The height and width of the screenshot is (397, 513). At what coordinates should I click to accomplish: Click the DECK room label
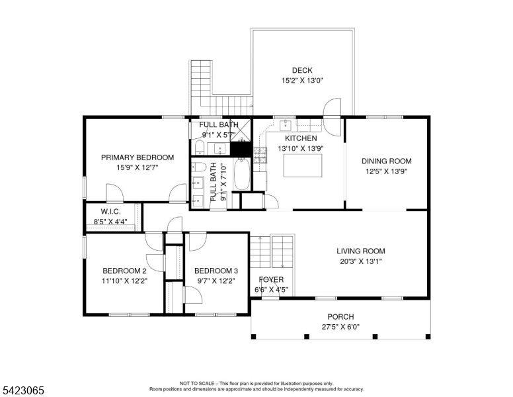pyautogui.click(x=302, y=70)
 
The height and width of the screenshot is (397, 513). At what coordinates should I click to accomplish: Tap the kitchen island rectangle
pyautogui.click(x=303, y=165)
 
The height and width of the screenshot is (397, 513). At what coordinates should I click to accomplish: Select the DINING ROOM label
pyautogui.click(x=386, y=161)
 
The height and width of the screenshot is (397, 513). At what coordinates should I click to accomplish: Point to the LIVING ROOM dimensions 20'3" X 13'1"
pyautogui.click(x=361, y=261)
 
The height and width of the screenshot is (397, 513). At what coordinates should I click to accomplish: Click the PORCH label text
pyautogui.click(x=340, y=317)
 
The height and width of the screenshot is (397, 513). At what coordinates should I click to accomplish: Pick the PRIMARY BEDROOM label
pyautogui.click(x=138, y=157)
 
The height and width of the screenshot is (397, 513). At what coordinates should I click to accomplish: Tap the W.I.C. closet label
pyautogui.click(x=110, y=211)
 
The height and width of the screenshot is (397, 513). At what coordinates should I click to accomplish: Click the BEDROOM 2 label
pyautogui.click(x=124, y=271)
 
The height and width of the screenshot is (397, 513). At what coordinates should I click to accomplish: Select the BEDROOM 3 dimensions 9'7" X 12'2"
pyautogui.click(x=216, y=281)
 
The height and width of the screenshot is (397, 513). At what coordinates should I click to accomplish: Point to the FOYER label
pyautogui.click(x=271, y=279)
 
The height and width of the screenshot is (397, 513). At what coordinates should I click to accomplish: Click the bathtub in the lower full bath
pyautogui.click(x=242, y=174)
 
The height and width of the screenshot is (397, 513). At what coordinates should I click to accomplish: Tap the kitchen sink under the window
pyautogui.click(x=286, y=125)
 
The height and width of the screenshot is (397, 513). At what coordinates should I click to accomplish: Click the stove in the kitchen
pyautogui.click(x=260, y=155)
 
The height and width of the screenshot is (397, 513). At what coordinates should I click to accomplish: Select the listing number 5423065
pyautogui.click(x=23, y=390)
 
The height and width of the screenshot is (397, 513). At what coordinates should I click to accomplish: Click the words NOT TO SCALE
pyautogui.click(x=196, y=383)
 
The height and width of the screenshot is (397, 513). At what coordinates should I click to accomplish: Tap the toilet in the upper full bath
pyautogui.click(x=199, y=147)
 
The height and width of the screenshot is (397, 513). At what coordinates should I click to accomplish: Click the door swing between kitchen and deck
pyautogui.click(x=332, y=117)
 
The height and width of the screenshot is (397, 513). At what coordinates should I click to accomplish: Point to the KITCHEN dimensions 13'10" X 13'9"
pyautogui.click(x=301, y=148)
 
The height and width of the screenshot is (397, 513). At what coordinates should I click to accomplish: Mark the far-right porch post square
pyautogui.click(x=428, y=336)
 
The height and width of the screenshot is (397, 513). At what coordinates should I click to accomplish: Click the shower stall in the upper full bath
pyautogui.click(x=241, y=130)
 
